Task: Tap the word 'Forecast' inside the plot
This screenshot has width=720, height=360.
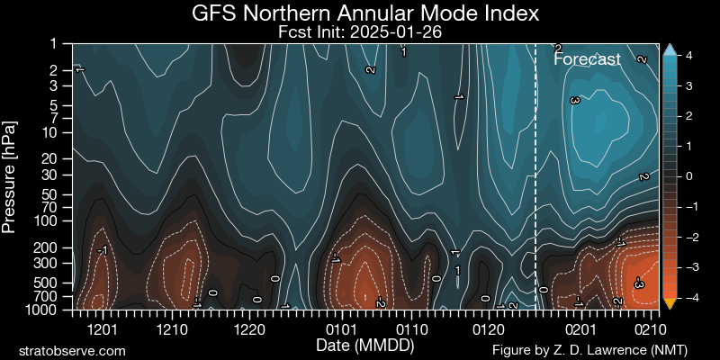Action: [587, 59]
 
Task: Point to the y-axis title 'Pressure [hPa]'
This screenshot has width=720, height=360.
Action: [10, 175]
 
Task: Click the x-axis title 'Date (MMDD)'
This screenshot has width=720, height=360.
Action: [359, 346]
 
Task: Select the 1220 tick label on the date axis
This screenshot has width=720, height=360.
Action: [247, 328]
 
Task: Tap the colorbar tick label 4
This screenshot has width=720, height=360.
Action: [688, 55]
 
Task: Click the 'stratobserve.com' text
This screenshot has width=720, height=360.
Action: [72, 350]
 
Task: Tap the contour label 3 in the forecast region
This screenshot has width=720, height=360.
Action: [574, 101]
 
